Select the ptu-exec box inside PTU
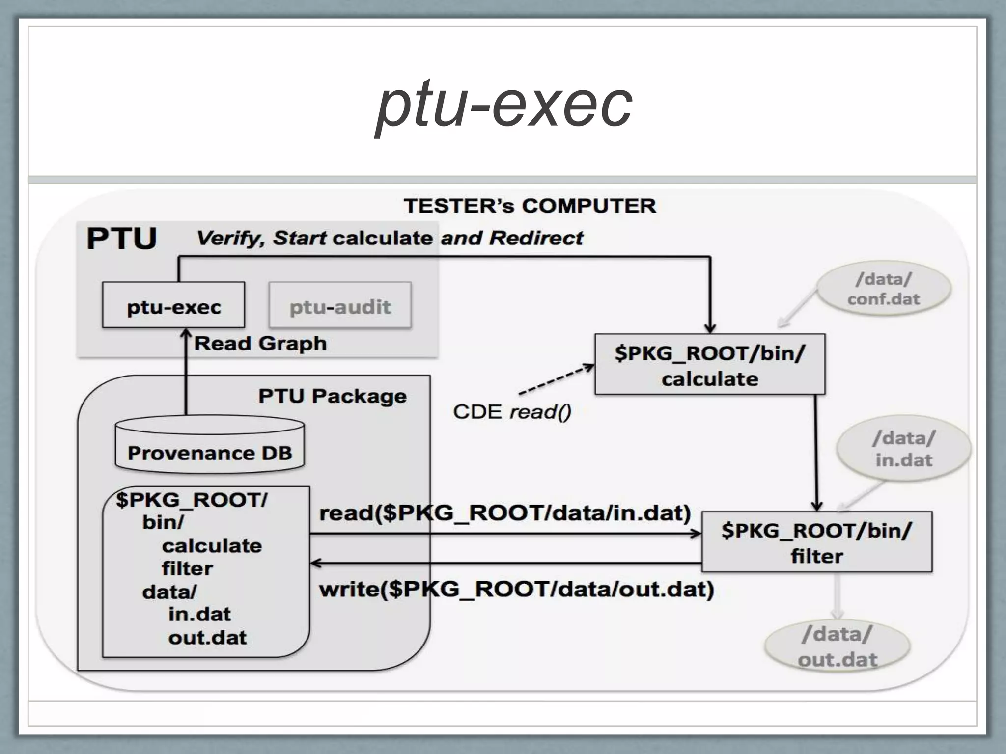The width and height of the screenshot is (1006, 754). pyautogui.click(x=173, y=305)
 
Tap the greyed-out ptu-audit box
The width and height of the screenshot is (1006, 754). pyautogui.click(x=340, y=305)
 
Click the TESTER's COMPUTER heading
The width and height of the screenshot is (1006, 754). pyautogui.click(x=530, y=206)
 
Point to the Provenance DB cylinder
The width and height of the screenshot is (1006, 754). pyautogui.click(x=210, y=444)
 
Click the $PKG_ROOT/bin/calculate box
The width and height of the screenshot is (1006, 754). pyautogui.click(x=709, y=365)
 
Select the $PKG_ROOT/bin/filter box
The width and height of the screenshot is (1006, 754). pyautogui.click(x=816, y=542)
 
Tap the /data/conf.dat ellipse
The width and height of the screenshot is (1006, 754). pyautogui.click(x=883, y=289)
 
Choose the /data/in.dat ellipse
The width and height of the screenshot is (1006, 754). pyautogui.click(x=904, y=448)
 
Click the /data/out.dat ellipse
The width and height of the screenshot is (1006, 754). pyautogui.click(x=838, y=646)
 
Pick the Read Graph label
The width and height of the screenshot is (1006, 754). pyautogui.click(x=260, y=343)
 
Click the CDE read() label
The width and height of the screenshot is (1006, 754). pyautogui.click(x=512, y=411)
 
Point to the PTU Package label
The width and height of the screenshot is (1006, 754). pyautogui.click(x=333, y=396)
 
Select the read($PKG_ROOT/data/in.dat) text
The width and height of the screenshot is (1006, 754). pyautogui.click(x=505, y=513)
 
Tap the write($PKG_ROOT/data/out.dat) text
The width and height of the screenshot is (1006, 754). pyautogui.click(x=516, y=589)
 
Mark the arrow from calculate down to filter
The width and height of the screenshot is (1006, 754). pyautogui.click(x=816, y=452)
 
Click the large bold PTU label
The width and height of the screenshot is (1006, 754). pyautogui.click(x=121, y=239)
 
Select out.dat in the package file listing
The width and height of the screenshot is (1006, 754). pyautogui.click(x=207, y=637)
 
